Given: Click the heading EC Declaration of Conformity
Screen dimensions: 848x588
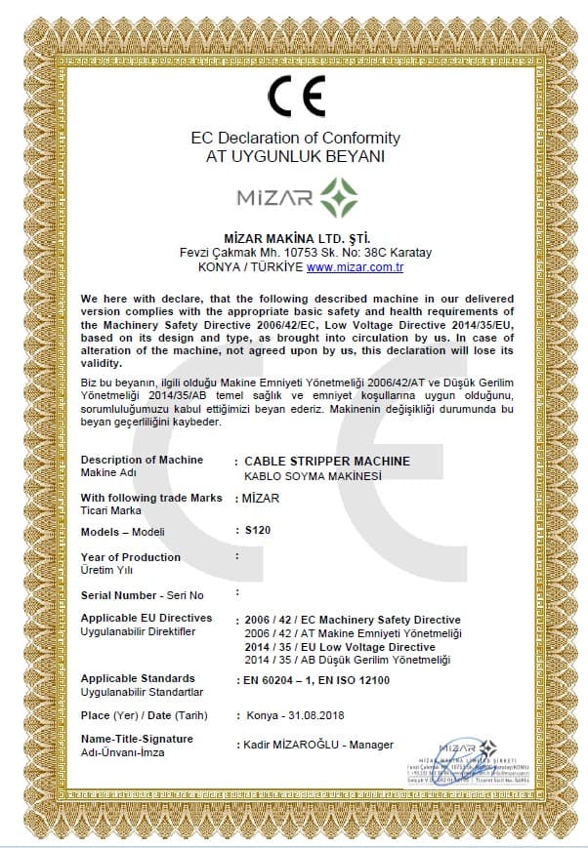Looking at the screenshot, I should click(x=295, y=138).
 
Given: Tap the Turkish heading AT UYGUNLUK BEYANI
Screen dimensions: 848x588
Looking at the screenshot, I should click(x=295, y=155).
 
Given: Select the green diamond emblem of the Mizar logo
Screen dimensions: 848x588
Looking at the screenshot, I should click(x=339, y=198).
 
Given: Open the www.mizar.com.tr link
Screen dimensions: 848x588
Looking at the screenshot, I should click(x=355, y=266).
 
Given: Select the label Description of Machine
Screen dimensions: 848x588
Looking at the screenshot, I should click(x=142, y=460).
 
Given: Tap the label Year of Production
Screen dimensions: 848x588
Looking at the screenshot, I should click(x=130, y=557).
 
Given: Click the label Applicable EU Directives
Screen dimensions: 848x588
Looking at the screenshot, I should click(x=146, y=618).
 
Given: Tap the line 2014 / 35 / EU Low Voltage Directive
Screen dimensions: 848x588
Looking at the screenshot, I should click(x=340, y=647).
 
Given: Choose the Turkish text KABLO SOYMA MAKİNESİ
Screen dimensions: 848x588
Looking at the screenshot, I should click(x=312, y=475).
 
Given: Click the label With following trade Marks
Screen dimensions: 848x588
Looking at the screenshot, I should click(x=150, y=498).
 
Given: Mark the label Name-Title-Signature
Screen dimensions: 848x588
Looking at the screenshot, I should click(x=137, y=739).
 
